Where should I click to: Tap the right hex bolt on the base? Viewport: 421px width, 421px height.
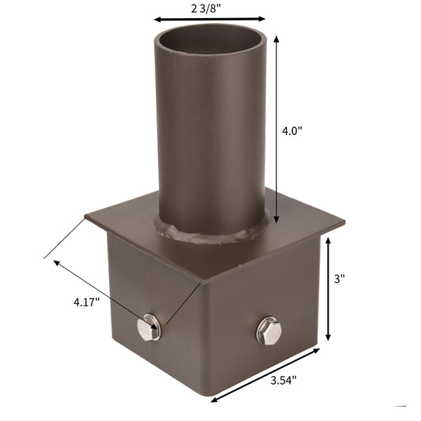point(269,329)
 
